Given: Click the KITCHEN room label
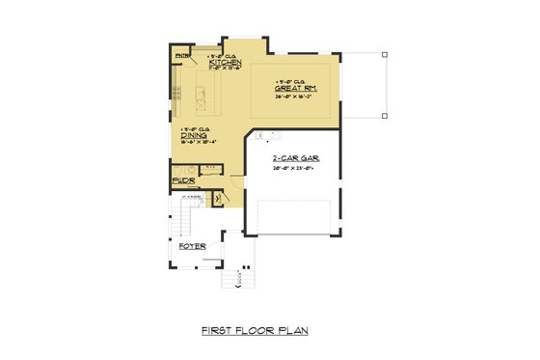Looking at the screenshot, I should pos(211,62).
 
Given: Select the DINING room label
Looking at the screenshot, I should pos(193,135).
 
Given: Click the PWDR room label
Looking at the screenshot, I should pos(183,180).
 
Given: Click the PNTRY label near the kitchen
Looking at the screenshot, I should pos(181,56).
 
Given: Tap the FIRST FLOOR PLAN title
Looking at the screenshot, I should pos(255,330).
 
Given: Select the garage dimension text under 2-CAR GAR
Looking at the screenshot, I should pos(293,168).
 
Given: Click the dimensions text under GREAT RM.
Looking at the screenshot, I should pos(296,97).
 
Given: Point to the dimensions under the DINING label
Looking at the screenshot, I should pos(196,142).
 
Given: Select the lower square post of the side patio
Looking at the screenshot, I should pos(384,116).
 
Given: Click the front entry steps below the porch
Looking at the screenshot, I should pos(234,280).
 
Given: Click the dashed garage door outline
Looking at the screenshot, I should pos(295,217).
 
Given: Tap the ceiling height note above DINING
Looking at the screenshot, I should pos(193,128).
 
